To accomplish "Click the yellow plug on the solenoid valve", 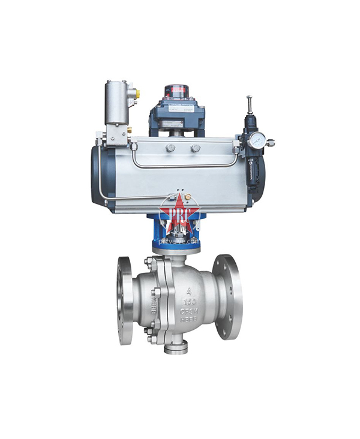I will pos(137,92).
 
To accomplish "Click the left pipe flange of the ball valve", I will pos(125,300).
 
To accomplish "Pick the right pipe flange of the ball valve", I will pos(229,297).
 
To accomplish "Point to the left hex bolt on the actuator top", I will pos(170,148).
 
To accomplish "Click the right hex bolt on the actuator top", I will pos(195,148).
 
